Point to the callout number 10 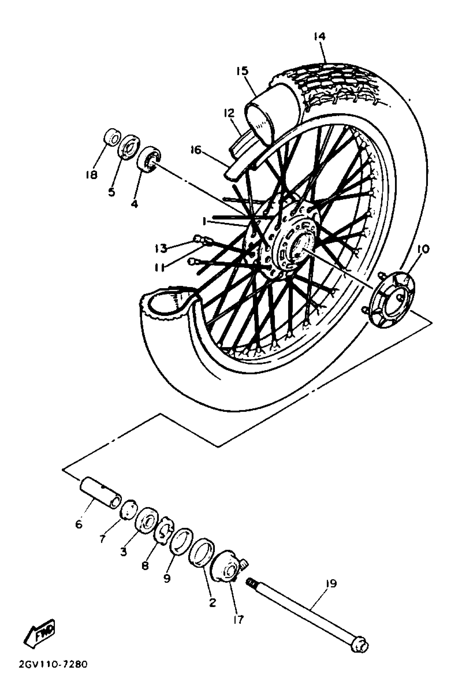pos(422,249)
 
